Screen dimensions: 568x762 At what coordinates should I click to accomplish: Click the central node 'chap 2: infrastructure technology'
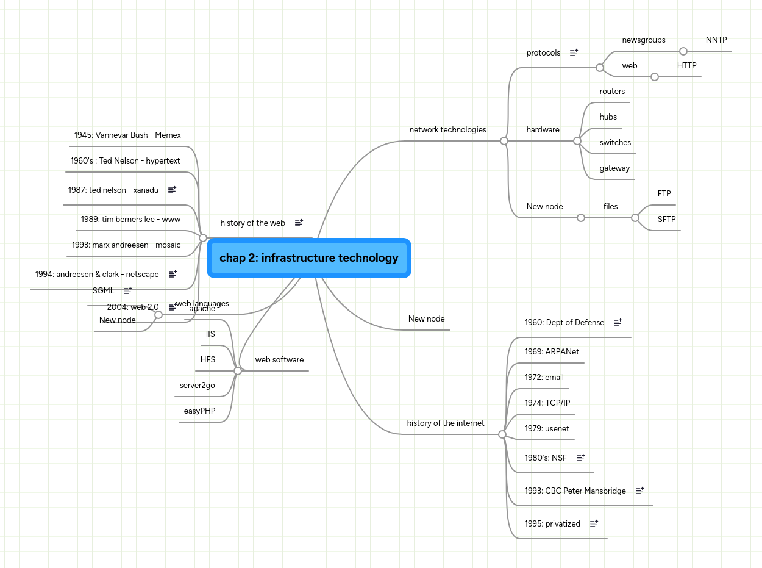308,258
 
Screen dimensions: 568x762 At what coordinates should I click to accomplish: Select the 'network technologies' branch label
447,130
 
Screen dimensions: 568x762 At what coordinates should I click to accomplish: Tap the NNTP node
716,40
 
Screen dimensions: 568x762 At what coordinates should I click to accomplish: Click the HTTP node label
686,66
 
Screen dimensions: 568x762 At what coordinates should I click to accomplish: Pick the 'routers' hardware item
612,92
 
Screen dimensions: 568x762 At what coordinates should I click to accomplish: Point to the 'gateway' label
614,168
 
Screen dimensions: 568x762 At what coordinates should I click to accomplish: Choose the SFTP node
666,220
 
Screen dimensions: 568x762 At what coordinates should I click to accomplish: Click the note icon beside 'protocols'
574,53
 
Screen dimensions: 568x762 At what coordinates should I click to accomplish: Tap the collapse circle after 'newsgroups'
683,51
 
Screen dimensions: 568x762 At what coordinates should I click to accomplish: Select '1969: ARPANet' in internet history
552,352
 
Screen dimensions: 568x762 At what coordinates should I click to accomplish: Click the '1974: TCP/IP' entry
547,403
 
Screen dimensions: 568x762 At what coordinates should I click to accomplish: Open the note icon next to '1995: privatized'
594,524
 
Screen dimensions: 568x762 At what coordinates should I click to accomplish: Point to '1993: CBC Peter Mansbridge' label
575,491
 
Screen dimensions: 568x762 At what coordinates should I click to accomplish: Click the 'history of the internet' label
446,423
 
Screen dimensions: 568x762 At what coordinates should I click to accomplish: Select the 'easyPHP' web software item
199,411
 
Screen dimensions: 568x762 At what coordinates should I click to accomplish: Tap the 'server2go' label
197,386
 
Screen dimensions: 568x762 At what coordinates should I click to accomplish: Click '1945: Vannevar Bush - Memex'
127,135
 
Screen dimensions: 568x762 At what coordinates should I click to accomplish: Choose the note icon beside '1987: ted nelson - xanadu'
172,190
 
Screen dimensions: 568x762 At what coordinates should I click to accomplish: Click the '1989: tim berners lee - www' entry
130,220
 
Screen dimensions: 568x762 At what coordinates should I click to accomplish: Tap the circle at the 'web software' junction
238,371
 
